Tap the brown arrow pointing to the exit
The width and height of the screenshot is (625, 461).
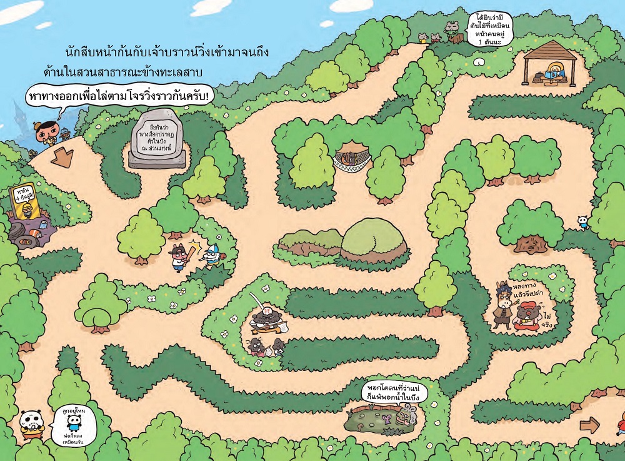point(589,425)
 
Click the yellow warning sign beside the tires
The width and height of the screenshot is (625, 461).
point(25,201)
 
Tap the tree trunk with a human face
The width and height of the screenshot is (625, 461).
point(531,243)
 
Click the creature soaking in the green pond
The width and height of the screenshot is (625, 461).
point(404,413)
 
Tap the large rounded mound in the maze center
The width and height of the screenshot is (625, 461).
point(373,238)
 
